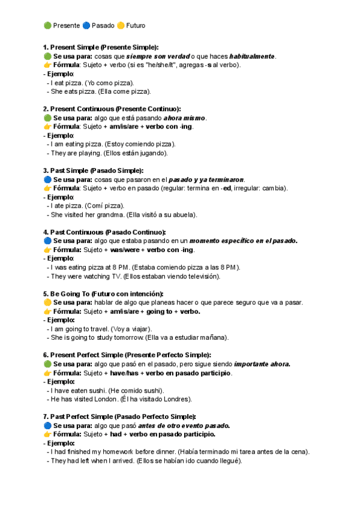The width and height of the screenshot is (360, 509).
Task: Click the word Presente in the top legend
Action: tap(67, 26)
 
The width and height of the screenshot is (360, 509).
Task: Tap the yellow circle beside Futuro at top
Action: tap(119, 26)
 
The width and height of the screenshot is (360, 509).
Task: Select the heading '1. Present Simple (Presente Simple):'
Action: tap(101, 47)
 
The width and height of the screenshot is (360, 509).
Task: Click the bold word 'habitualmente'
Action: tap(252, 56)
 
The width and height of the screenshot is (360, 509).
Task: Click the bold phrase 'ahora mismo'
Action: tap(184, 118)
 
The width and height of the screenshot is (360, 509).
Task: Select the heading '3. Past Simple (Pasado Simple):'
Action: tap(94, 170)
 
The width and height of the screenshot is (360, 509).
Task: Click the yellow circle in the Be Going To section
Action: tap(47, 303)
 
